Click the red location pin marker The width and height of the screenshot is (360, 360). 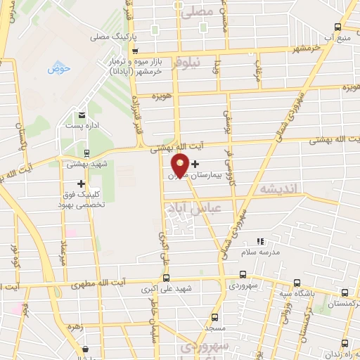click(x=179, y=165)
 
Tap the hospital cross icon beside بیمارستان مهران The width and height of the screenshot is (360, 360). click(x=195, y=164)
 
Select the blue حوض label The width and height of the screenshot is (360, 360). click(x=56, y=69)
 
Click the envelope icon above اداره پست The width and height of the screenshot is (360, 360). click(x=82, y=115)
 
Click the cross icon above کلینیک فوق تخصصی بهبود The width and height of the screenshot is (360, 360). click(x=82, y=184)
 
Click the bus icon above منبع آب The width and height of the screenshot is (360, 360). click(x=338, y=27)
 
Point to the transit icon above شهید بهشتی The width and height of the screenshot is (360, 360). click(x=86, y=153)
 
